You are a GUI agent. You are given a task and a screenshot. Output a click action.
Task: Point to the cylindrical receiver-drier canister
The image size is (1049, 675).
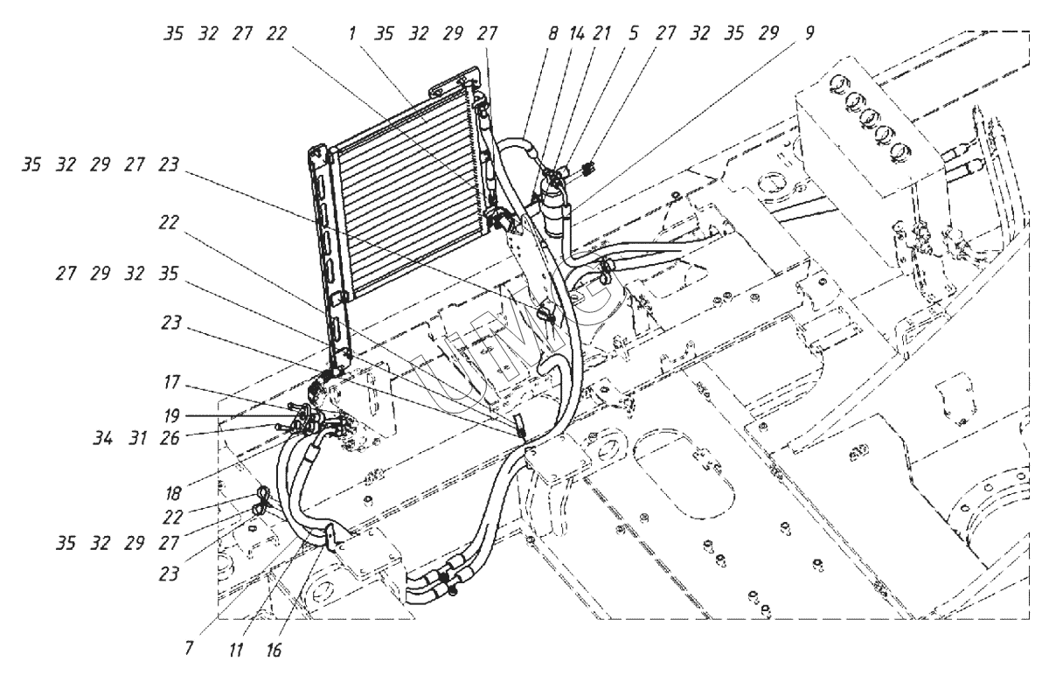pos(554,211)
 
